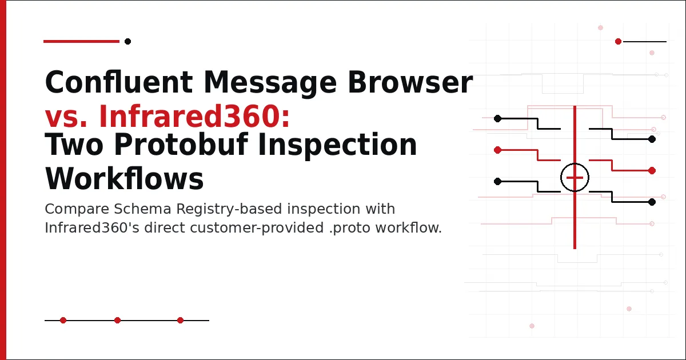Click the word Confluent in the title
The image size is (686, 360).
point(118,82)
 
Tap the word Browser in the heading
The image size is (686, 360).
point(410,82)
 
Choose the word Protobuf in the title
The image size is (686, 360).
point(181,145)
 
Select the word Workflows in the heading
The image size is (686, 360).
point(125,178)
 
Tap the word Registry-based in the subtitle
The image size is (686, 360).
point(229,209)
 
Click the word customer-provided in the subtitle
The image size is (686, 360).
point(257,228)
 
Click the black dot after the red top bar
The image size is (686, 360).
point(127,41)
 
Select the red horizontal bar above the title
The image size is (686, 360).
point(81,41)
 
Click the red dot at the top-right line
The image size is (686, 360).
point(618,41)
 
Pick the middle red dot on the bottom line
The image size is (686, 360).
point(117,320)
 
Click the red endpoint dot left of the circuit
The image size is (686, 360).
point(498,150)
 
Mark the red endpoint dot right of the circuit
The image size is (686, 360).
point(652,170)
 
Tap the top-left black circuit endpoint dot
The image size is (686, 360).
point(498,118)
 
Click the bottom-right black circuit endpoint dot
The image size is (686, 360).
point(652,202)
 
